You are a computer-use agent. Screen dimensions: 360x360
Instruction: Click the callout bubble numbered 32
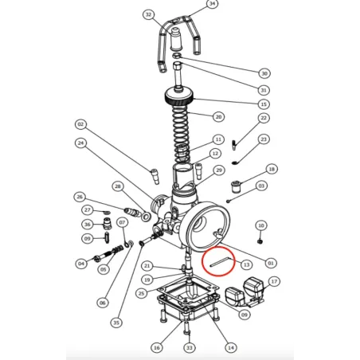[x=148, y=14]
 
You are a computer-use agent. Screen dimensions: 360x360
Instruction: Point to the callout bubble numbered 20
[x=217, y=116]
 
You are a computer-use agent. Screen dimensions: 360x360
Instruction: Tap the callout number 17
[x=274, y=281]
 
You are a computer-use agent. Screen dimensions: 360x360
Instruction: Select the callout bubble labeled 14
[x=231, y=346]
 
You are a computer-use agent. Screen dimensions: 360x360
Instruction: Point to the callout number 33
[x=189, y=347]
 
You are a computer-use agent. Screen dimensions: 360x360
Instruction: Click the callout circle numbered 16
[x=156, y=346]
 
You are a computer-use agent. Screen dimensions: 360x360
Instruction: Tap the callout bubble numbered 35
[x=116, y=323]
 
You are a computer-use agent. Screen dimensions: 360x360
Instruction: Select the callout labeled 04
[x=80, y=264]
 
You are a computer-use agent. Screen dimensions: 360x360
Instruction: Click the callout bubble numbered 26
[x=79, y=197]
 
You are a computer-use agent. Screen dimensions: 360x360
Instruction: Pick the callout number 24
[x=80, y=143]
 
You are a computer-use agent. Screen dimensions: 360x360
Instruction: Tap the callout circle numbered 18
[x=272, y=170]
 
